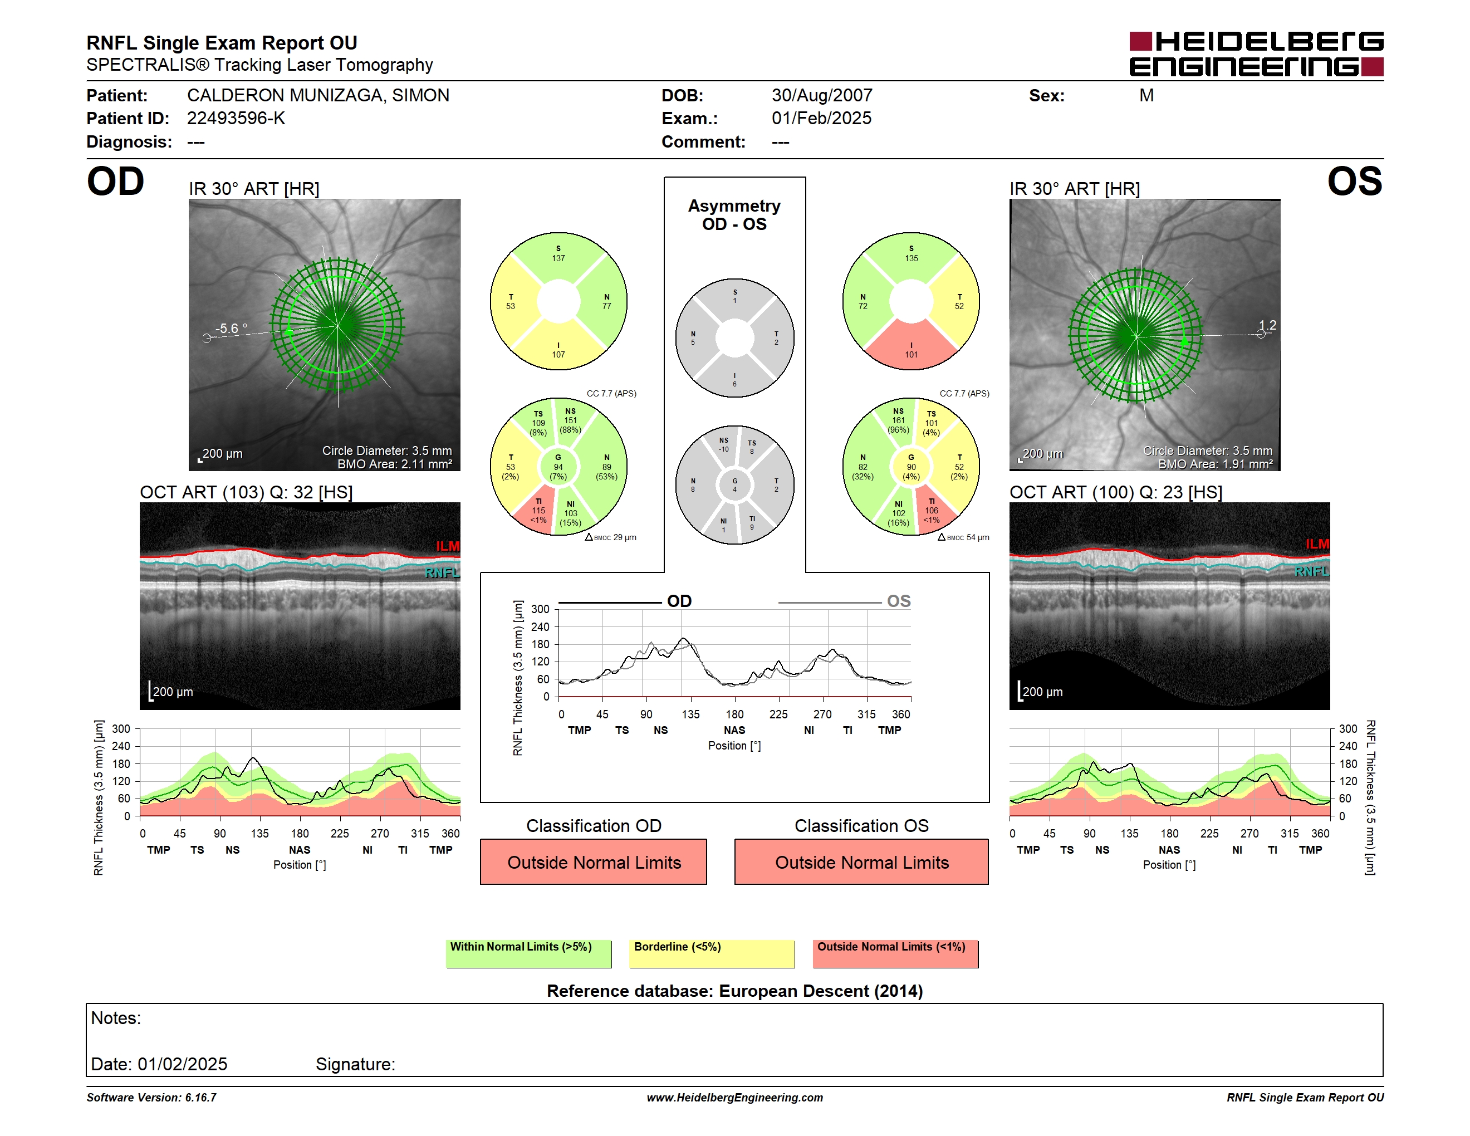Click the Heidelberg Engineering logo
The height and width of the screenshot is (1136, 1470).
tap(1256, 54)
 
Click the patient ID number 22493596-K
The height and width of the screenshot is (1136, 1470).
tap(236, 119)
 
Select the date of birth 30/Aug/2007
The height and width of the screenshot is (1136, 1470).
tap(822, 96)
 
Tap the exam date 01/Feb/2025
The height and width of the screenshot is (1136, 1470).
tap(821, 119)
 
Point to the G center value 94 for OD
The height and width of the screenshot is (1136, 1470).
tap(558, 467)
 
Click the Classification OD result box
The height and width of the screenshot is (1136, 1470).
tap(594, 861)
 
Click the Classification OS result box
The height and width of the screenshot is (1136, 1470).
tap(861, 861)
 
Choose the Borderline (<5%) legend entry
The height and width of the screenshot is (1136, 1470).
tap(712, 953)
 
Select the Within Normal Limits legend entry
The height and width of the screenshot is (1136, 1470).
tap(528, 953)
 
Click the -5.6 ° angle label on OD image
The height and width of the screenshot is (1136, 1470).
tap(231, 329)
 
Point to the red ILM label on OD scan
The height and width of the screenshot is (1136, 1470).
tap(447, 546)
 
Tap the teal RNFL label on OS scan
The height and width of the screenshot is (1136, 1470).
tap(1312, 571)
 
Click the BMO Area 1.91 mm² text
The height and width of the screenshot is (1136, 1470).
tap(1215, 464)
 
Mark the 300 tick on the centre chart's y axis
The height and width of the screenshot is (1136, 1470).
tap(541, 609)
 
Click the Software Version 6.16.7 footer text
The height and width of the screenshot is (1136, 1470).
tap(151, 1098)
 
